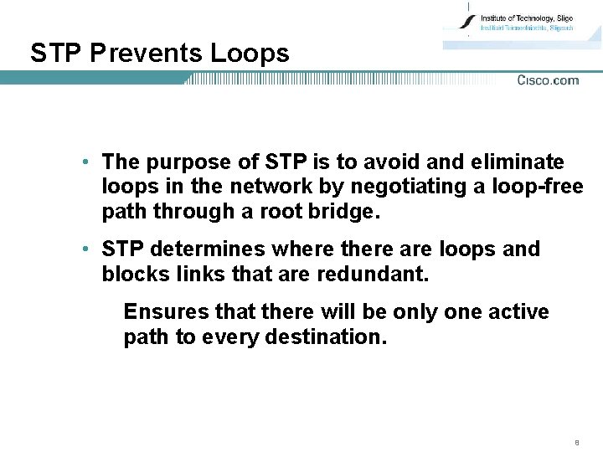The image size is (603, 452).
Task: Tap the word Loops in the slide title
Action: (x=250, y=54)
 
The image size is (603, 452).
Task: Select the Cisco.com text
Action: (x=548, y=80)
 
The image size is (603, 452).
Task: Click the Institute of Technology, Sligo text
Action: (x=526, y=18)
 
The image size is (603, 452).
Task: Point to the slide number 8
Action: (x=577, y=441)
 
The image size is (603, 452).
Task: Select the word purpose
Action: (x=182, y=162)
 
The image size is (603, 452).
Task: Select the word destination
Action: (x=329, y=337)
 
